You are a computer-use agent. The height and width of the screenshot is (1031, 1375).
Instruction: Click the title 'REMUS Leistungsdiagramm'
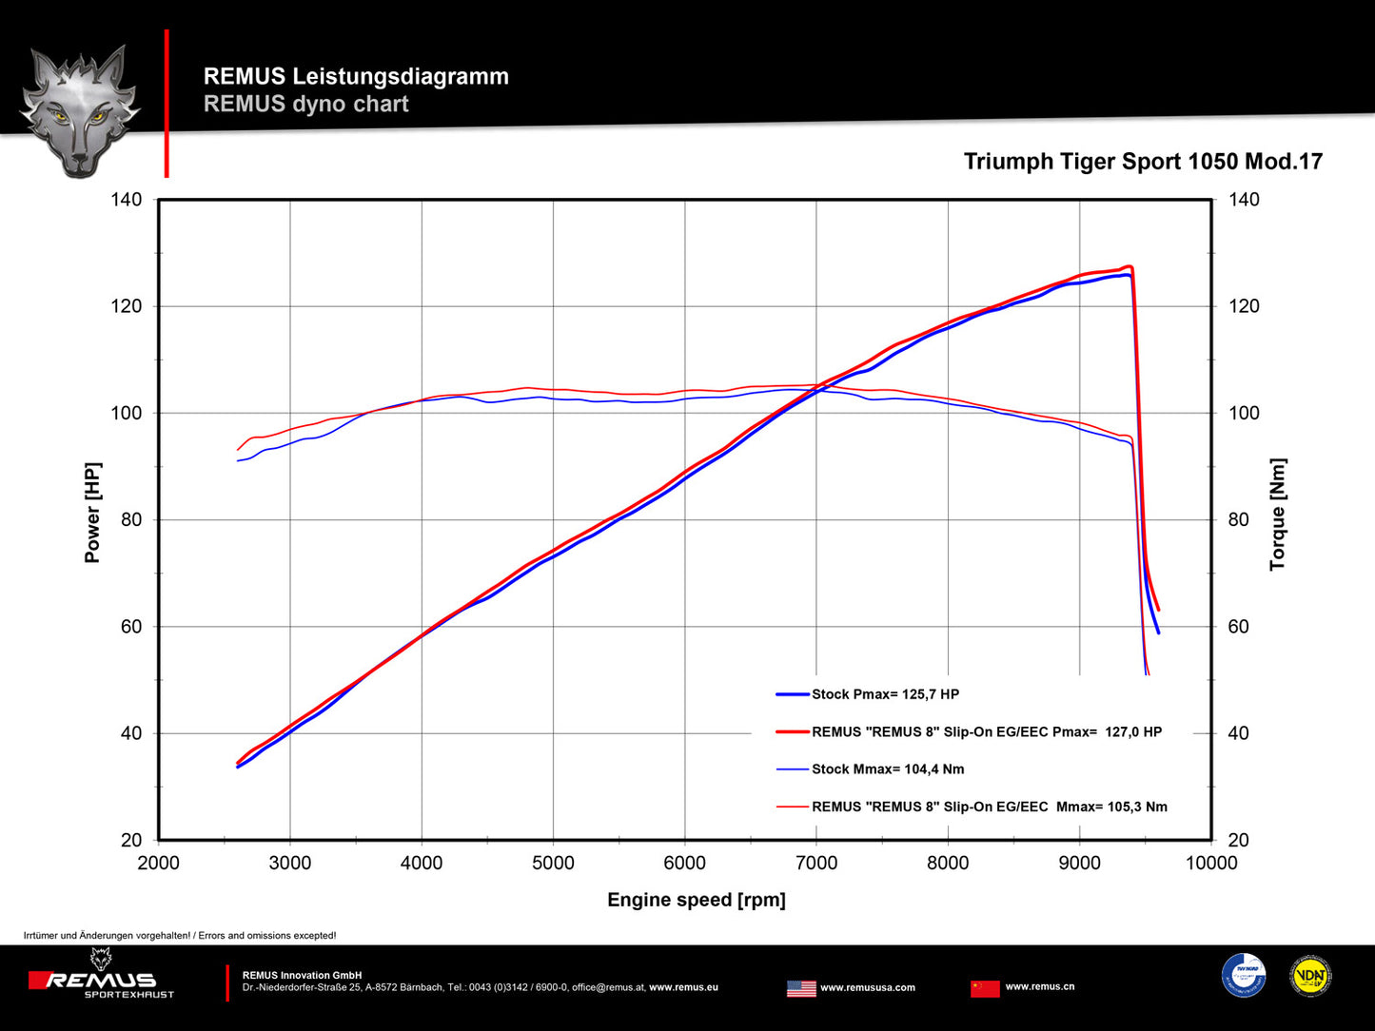pyautogui.click(x=356, y=76)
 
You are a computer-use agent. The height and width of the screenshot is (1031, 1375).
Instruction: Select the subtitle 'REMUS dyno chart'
pyautogui.click(x=306, y=104)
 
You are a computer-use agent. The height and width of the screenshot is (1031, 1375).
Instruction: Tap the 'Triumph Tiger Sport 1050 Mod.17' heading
pyautogui.click(x=1143, y=162)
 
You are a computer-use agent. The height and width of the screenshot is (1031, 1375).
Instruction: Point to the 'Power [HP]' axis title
pyautogui.click(x=92, y=513)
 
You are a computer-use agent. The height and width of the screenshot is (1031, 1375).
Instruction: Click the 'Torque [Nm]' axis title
pyautogui.click(x=1277, y=515)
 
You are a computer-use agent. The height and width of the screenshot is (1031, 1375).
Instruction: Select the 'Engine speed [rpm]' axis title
pyautogui.click(x=697, y=900)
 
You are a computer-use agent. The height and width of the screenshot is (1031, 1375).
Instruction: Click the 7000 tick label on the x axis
pyautogui.click(x=816, y=863)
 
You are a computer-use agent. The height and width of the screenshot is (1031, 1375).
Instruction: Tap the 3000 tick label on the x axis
pyautogui.click(x=290, y=863)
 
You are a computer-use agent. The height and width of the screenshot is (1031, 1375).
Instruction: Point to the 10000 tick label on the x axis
pyautogui.click(x=1211, y=863)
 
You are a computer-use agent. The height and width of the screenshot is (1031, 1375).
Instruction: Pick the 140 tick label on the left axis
pyautogui.click(x=126, y=200)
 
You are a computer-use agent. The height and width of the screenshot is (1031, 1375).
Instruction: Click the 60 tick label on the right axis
pyautogui.click(x=1238, y=627)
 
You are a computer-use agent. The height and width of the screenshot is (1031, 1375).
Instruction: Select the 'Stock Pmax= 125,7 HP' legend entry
pyautogui.click(x=885, y=694)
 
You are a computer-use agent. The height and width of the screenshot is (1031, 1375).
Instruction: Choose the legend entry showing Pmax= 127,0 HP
pyautogui.click(x=986, y=731)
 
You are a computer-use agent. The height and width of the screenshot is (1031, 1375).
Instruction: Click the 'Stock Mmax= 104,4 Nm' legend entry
pyautogui.click(x=887, y=768)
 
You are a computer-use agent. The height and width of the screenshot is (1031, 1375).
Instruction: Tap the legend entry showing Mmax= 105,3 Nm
pyautogui.click(x=989, y=807)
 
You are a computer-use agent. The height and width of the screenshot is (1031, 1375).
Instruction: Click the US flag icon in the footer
pyautogui.click(x=801, y=988)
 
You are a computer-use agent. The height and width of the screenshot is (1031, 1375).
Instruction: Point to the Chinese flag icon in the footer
pyautogui.click(x=985, y=988)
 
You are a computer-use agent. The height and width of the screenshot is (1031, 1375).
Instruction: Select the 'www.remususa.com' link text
pyautogui.click(x=868, y=987)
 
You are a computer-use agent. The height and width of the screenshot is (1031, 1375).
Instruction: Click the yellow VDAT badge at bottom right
pyautogui.click(x=1310, y=976)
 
